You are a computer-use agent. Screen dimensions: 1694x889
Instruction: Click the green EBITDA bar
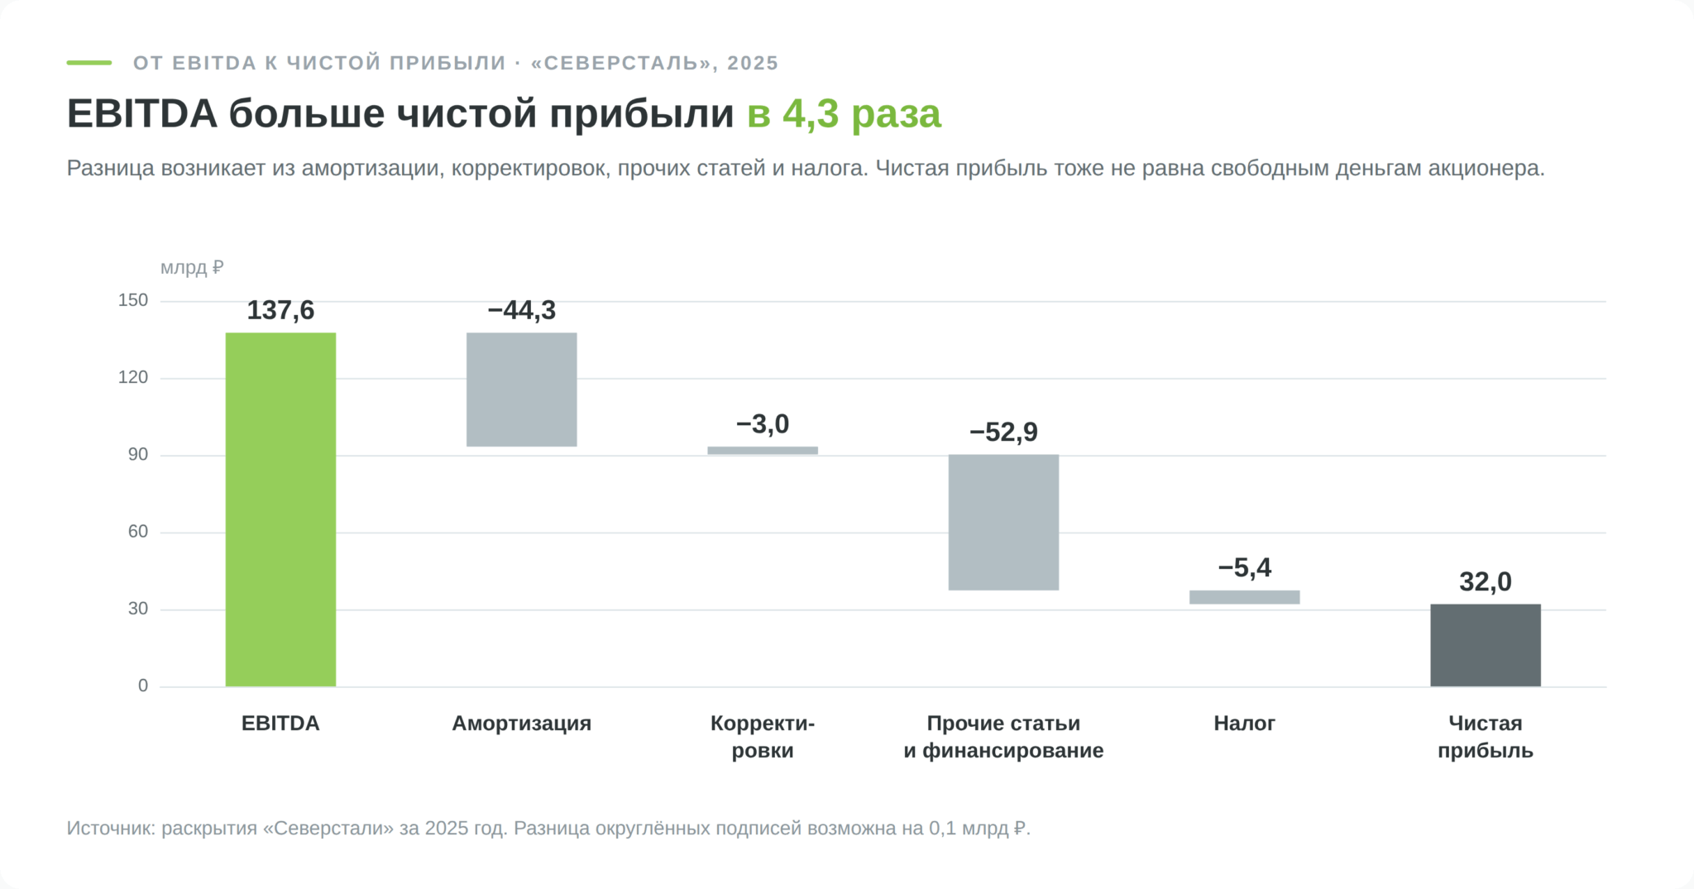point(280,509)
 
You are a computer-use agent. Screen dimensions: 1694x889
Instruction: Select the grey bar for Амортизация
point(522,390)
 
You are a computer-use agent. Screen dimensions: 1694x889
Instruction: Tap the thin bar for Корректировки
point(763,451)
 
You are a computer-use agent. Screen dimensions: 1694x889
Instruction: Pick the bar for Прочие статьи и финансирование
point(1003,523)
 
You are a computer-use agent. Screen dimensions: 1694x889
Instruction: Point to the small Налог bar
point(1245,597)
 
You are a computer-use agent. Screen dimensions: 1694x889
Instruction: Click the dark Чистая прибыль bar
point(1486,645)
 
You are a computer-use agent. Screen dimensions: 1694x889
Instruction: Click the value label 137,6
point(280,310)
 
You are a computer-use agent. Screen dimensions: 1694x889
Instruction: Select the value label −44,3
point(522,310)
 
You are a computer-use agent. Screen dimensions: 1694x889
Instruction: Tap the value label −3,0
point(763,424)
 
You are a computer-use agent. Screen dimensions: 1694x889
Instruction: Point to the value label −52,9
point(1003,432)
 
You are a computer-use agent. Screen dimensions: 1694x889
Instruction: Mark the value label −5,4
point(1245,567)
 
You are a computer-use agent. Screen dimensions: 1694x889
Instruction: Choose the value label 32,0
point(1486,581)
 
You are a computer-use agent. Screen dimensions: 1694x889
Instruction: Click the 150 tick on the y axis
point(133,300)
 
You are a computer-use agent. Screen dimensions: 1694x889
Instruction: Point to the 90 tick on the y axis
point(138,455)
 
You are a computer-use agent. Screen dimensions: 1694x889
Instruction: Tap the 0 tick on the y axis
point(143,686)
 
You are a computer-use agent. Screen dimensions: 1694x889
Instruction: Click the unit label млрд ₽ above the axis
point(192,268)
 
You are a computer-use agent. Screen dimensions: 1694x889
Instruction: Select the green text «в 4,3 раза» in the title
point(844,114)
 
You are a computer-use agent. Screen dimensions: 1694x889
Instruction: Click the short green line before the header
point(89,63)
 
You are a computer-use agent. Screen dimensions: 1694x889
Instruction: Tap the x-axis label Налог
point(1245,724)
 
